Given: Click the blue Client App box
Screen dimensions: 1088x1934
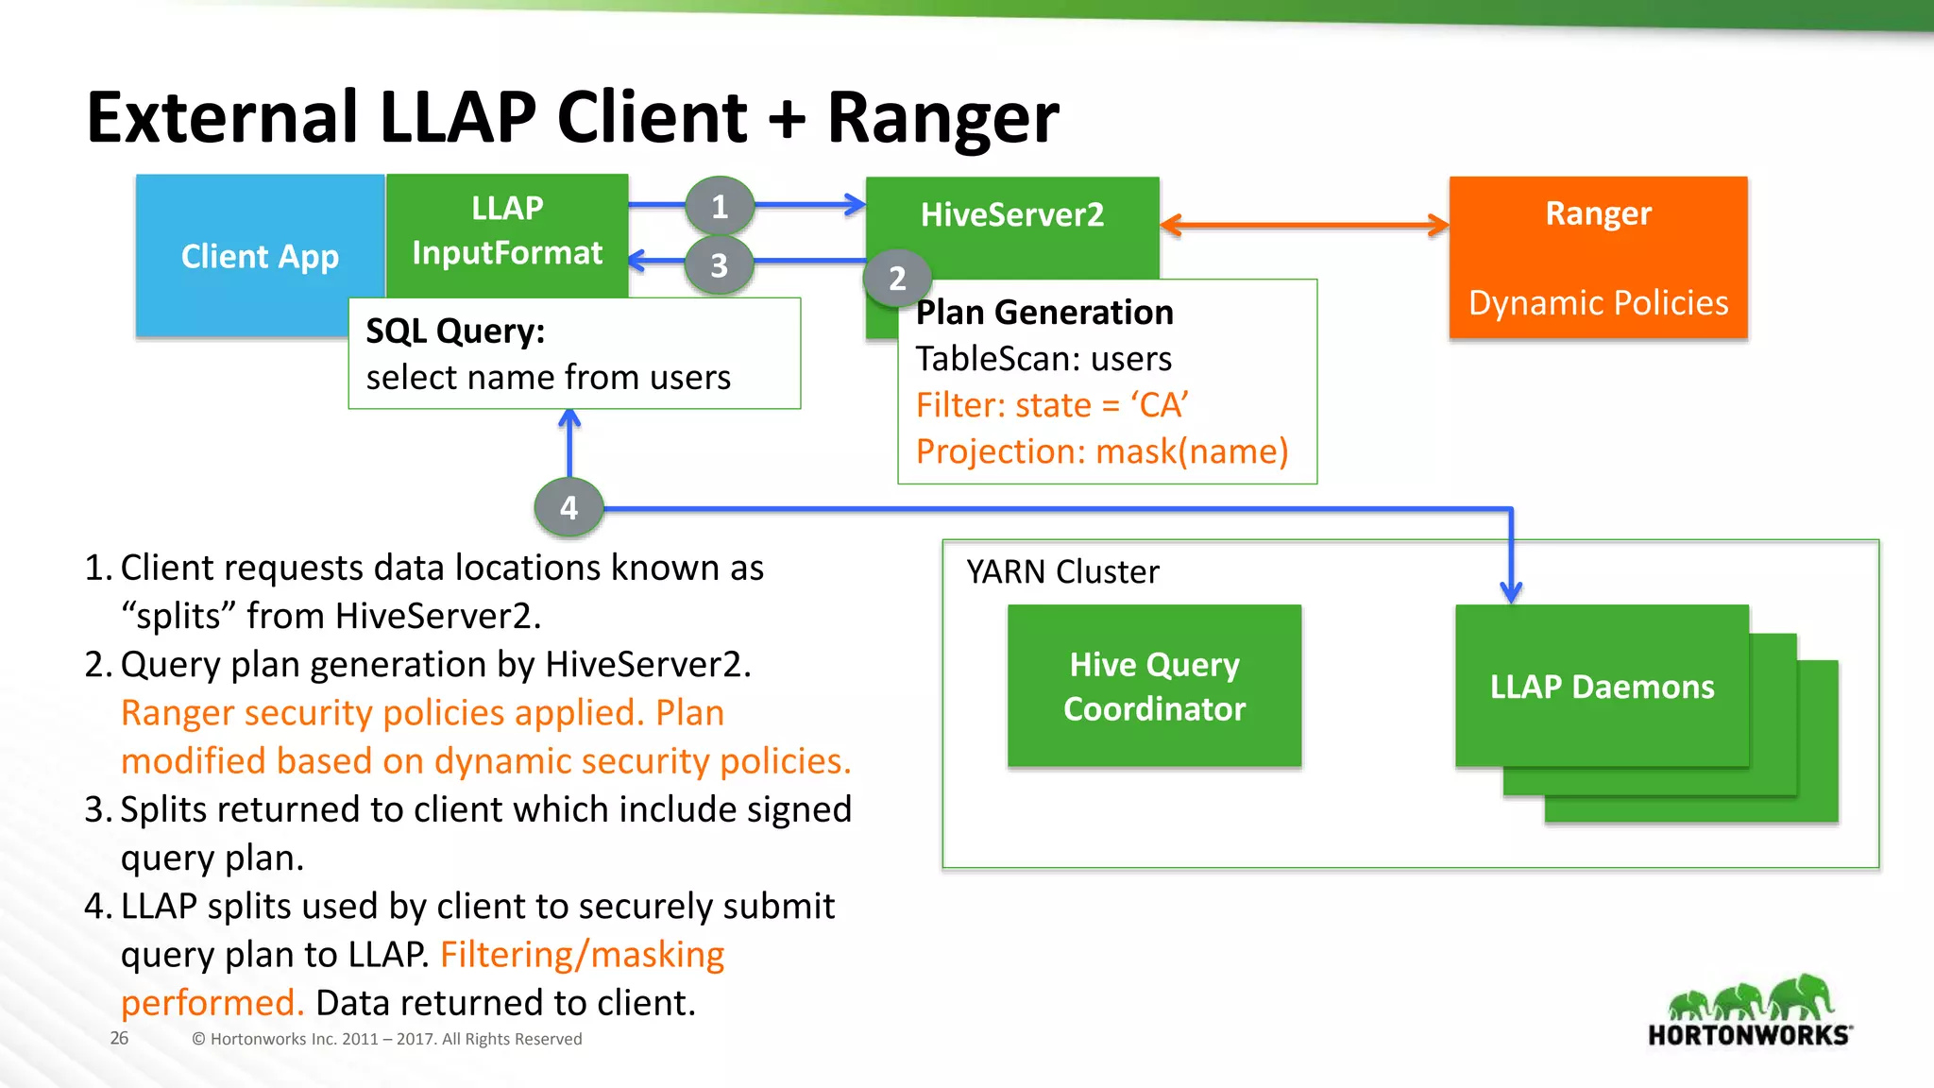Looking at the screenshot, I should (x=259, y=256).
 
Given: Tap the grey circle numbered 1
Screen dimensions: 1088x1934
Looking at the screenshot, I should (x=720, y=206).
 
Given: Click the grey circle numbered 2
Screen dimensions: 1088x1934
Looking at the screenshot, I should (x=897, y=279).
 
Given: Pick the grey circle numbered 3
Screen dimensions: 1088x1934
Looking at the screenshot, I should (x=720, y=265).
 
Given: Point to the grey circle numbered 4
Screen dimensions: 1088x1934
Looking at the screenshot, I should (x=568, y=508).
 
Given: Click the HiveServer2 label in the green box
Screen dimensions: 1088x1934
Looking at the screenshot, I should (x=1011, y=215).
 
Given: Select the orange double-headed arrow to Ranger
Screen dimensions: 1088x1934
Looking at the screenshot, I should (x=1303, y=226).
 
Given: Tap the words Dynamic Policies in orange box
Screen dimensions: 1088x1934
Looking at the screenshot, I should (x=1598, y=303).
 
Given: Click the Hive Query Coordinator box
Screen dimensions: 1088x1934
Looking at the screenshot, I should (x=1154, y=687).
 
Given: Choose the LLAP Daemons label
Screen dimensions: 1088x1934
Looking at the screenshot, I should (x=1602, y=688).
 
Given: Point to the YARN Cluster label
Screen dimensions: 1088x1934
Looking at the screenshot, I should (x=1062, y=572).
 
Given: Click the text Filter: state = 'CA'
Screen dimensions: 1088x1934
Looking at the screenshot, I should (x=1051, y=405).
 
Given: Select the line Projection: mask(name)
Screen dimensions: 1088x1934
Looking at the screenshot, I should (x=1101, y=451).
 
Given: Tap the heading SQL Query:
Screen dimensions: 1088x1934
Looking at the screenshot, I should (x=455, y=331).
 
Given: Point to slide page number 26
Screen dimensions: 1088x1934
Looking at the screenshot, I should (x=119, y=1038).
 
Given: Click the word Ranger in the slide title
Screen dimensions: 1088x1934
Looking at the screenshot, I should (x=942, y=118).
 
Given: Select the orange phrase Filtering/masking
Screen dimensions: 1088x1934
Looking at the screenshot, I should (x=582, y=955).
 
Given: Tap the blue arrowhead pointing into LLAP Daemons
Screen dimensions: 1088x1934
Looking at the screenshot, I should (x=1511, y=593).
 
